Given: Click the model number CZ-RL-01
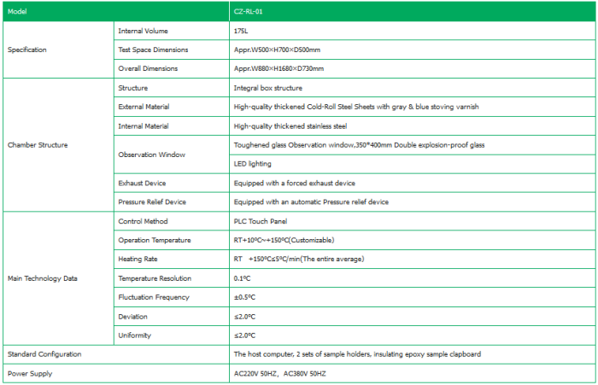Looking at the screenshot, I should pos(247,12).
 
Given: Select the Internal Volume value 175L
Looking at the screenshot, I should pos(241,31).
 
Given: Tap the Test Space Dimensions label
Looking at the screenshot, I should pos(153,50).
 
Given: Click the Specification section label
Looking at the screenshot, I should pos(27,50).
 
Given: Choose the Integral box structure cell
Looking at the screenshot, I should pos(267,88).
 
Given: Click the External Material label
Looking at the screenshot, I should pos(144,107).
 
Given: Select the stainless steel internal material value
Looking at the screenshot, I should pos(287,125).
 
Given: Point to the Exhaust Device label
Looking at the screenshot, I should pos(142,183).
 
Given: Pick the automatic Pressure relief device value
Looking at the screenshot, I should pos(311,202).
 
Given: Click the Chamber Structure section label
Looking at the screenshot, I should pos(38,145).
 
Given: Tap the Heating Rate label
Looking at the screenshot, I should pos(137,259).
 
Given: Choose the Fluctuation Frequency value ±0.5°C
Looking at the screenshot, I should pos(244,297).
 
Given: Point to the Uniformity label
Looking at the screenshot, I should pos(135,335).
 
